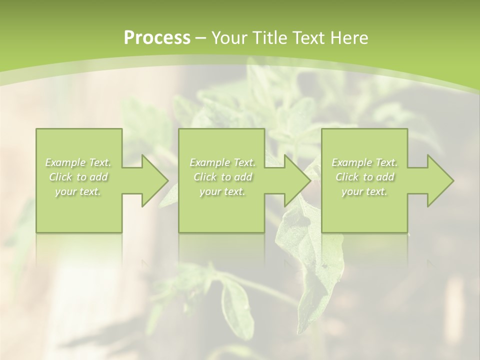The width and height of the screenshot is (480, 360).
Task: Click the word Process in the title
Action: [x=156, y=38]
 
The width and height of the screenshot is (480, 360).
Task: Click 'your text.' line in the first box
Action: [x=78, y=191]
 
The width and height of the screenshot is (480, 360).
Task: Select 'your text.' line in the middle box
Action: [x=222, y=191]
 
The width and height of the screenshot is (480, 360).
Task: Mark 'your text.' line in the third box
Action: [x=364, y=191]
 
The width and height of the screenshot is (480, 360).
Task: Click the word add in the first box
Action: [x=98, y=177]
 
